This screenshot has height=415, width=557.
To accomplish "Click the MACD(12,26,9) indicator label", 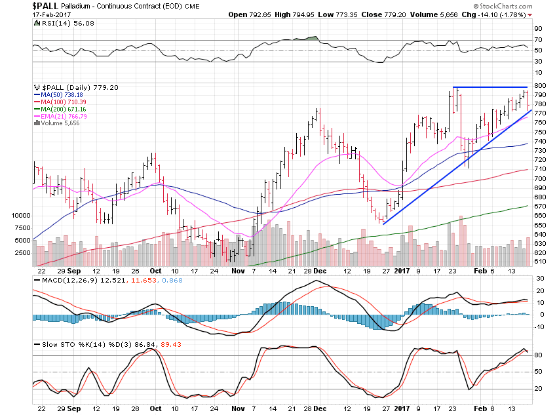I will (x=65, y=282).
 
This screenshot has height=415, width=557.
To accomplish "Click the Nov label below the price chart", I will (x=238, y=269).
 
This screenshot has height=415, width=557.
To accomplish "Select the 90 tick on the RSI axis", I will (x=537, y=28).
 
